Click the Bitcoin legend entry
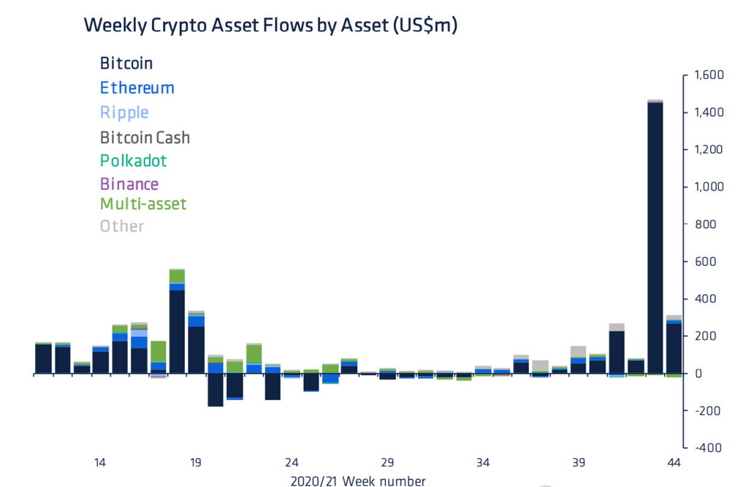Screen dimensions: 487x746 click(126, 64)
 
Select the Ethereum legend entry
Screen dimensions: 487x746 click(137, 88)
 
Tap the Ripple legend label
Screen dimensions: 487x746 click(124, 112)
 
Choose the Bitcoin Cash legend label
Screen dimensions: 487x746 click(145, 137)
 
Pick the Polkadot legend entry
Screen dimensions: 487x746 click(134, 161)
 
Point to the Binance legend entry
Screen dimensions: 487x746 click(129, 183)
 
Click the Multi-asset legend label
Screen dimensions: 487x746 click(143, 204)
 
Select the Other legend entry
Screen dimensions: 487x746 click(122, 226)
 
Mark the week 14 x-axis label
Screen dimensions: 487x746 click(100, 463)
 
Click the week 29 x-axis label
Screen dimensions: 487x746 click(387, 463)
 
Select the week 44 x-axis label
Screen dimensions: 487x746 click(674, 463)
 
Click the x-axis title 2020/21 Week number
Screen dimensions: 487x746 click(358, 480)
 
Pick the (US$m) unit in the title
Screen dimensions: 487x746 click(425, 26)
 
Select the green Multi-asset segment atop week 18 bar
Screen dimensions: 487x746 click(177, 276)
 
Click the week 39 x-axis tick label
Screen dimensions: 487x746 click(579, 463)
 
